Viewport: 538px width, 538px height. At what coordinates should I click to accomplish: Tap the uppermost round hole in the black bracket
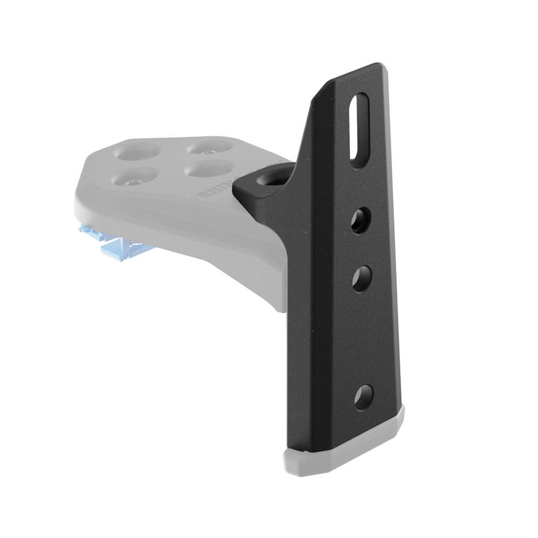(360, 220)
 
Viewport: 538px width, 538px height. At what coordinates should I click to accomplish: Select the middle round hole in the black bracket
(361, 279)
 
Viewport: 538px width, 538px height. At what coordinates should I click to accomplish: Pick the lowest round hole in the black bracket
(363, 397)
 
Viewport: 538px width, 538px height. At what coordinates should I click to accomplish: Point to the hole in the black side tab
(270, 178)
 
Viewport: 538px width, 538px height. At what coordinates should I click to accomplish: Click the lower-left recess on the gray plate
(131, 178)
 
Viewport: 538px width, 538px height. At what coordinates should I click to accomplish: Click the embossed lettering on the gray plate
(213, 189)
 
